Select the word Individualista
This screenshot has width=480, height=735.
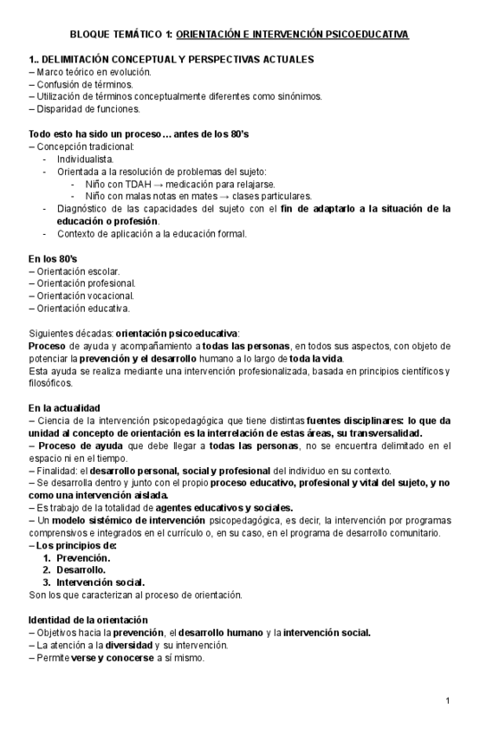pyautogui.click(x=85, y=159)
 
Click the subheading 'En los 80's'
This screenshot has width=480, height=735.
pyautogui.click(x=53, y=258)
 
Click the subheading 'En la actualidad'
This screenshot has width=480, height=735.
pyautogui.click(x=64, y=407)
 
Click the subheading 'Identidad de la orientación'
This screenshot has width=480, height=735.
pyautogui.click(x=88, y=620)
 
